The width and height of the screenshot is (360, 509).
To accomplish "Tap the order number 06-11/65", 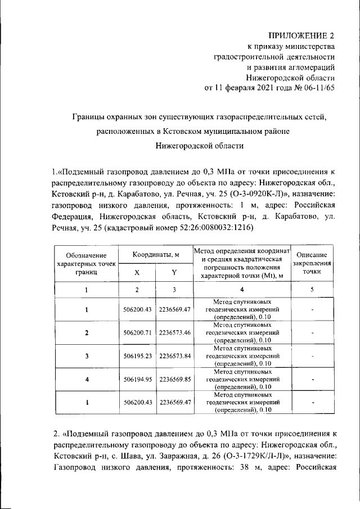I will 317,88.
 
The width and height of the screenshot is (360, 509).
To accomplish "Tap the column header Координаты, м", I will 156,255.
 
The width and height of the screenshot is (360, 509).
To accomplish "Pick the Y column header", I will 174,272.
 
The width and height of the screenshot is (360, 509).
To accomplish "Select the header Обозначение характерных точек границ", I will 87,263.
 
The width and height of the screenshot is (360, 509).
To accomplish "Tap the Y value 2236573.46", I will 175,332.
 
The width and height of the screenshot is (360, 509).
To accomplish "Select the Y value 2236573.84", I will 175,356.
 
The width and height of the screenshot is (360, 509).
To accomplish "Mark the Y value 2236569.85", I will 175,380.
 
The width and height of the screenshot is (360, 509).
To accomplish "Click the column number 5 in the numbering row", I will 312,290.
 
